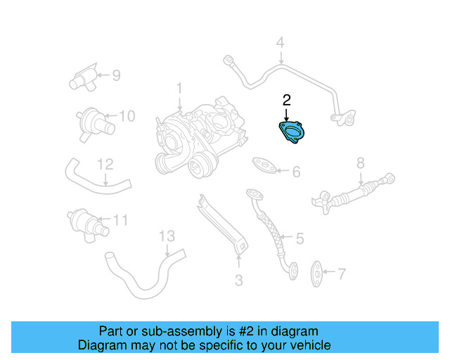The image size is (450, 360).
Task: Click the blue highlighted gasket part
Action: click(291, 133)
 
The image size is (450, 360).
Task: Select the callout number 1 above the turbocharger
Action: click(179, 89)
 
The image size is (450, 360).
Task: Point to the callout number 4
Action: click(280, 44)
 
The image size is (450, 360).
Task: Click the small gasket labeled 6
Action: click(264, 165)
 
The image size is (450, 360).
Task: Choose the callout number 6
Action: click(296, 172)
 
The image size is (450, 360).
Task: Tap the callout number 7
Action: click(342, 273)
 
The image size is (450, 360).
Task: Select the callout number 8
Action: click(360, 163)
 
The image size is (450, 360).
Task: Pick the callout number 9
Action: click(116, 74)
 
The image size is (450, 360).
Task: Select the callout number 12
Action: click(105, 165)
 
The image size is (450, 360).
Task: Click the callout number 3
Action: click(238, 281)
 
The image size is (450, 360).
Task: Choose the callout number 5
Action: click(299, 239)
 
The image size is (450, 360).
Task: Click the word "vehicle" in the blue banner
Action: click(307, 345)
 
